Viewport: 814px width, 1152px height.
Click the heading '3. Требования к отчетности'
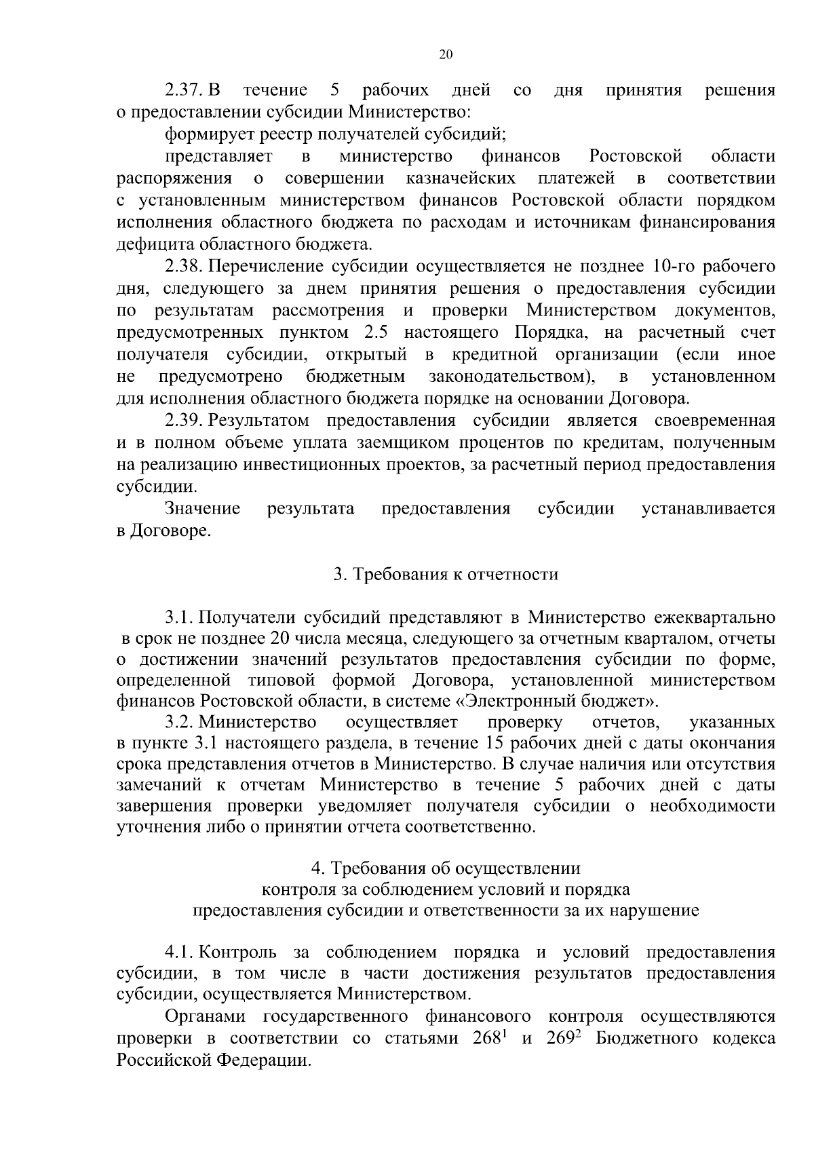446,575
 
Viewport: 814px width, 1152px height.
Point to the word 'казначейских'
461,178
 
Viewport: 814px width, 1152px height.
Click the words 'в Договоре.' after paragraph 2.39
163,531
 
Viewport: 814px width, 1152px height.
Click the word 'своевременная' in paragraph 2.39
714,421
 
